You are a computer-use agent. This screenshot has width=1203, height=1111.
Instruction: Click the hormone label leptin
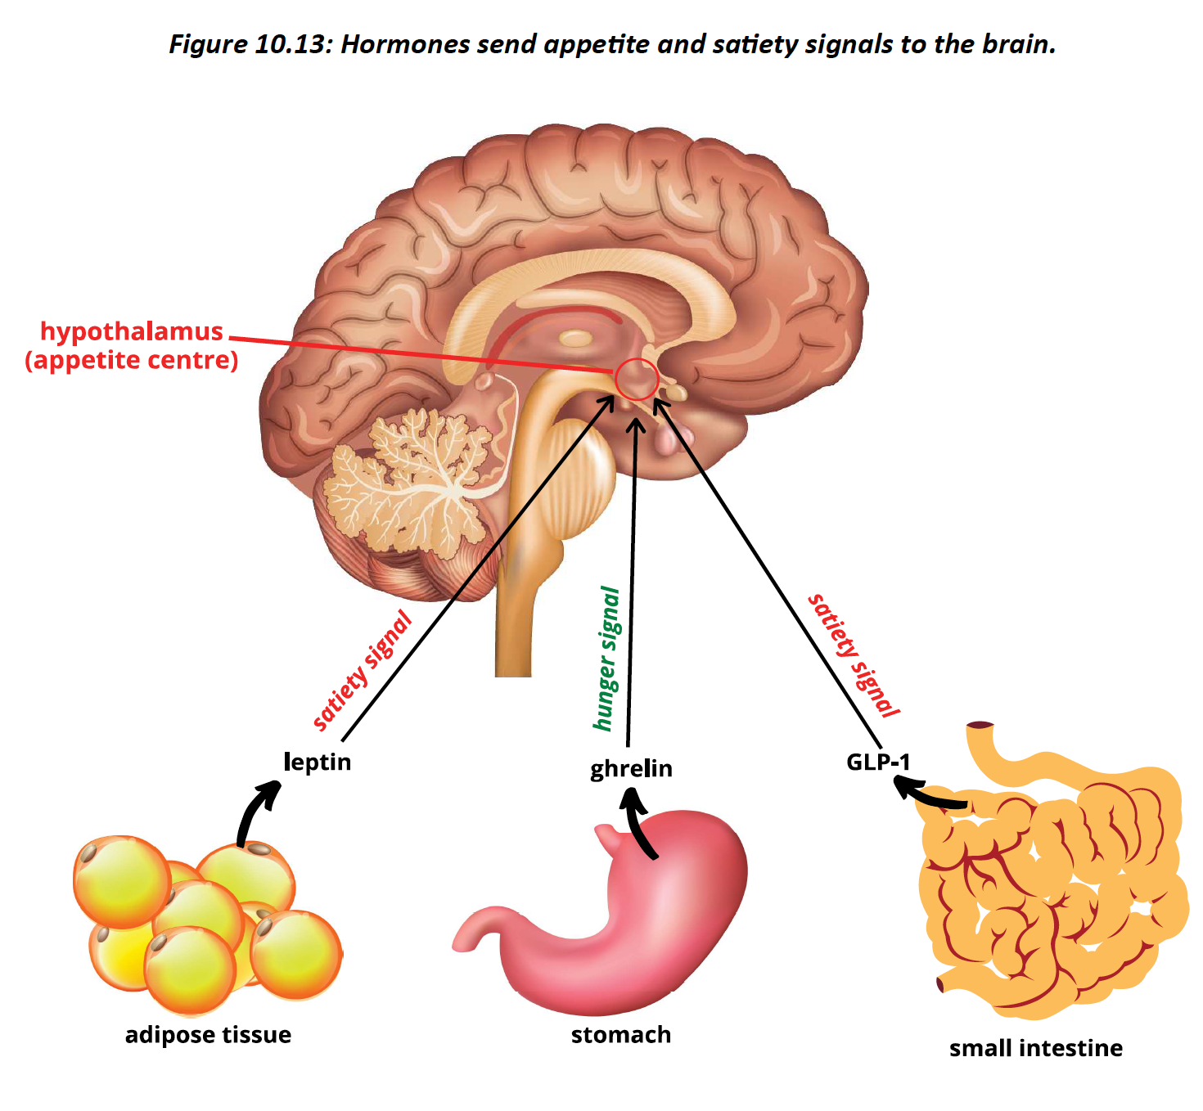[x=317, y=762]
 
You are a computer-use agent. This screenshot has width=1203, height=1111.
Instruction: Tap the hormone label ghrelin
[x=631, y=768]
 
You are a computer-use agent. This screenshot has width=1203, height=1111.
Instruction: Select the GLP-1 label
[x=877, y=762]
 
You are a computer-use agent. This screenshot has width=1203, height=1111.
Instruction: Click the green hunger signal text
[x=606, y=659]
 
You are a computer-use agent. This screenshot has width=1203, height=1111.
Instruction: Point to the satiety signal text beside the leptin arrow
[x=362, y=671]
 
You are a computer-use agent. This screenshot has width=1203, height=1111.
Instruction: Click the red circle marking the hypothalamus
[x=637, y=379]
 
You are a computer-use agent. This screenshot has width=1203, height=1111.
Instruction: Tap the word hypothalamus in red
[x=132, y=331]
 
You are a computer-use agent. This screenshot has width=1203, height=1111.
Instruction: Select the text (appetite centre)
[x=132, y=360]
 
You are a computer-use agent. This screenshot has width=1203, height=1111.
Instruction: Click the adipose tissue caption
[x=208, y=1035]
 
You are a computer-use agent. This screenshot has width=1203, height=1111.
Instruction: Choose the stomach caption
[x=620, y=1035]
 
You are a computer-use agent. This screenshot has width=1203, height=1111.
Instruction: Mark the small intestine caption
[x=1035, y=1048]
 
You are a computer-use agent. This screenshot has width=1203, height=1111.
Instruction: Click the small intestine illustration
[x=1056, y=884]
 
